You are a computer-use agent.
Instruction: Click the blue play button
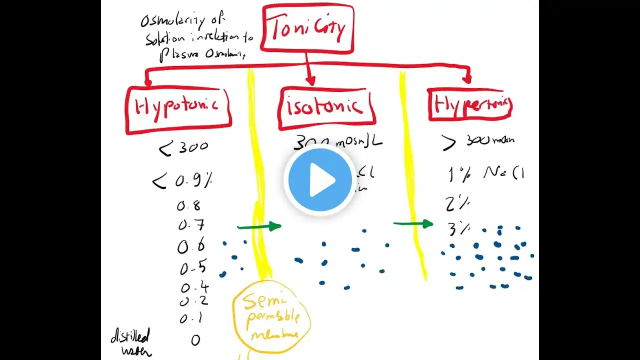320,180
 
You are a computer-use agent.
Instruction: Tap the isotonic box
326,106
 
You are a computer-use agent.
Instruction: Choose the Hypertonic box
470,104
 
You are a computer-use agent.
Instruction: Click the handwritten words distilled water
131,343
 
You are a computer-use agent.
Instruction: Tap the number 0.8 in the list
188,205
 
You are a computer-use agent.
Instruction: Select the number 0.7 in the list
190,225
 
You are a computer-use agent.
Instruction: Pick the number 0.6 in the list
190,246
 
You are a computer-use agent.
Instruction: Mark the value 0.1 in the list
191,318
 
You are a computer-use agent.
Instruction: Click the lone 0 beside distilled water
195,340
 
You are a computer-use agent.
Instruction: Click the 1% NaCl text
485,173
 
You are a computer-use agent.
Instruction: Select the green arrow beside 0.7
259,227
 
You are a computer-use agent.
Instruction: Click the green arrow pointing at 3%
413,223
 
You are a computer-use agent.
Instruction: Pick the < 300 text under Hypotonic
182,147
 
